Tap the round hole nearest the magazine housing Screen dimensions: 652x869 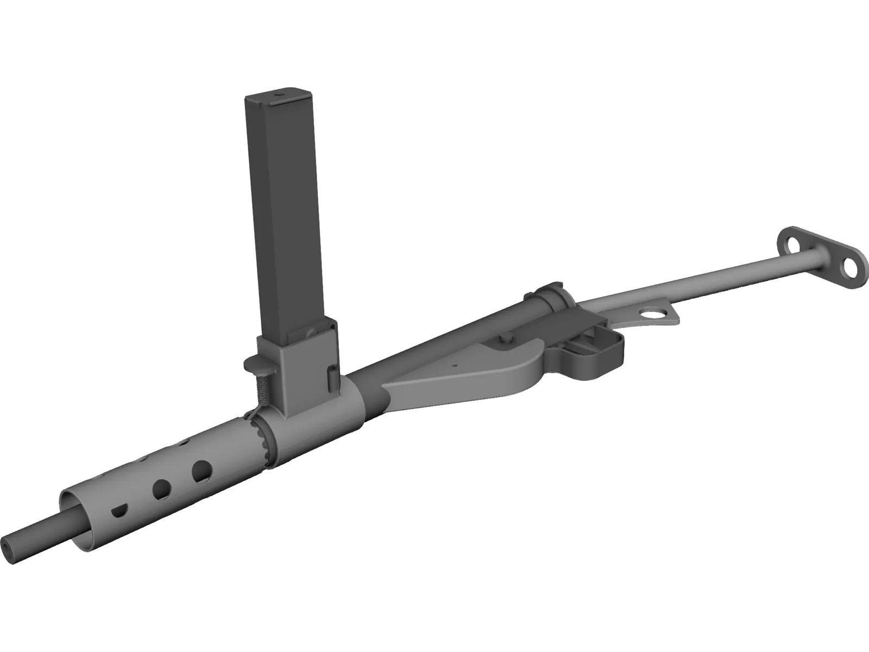(203, 472)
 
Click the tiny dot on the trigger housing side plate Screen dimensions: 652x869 (457, 365)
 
